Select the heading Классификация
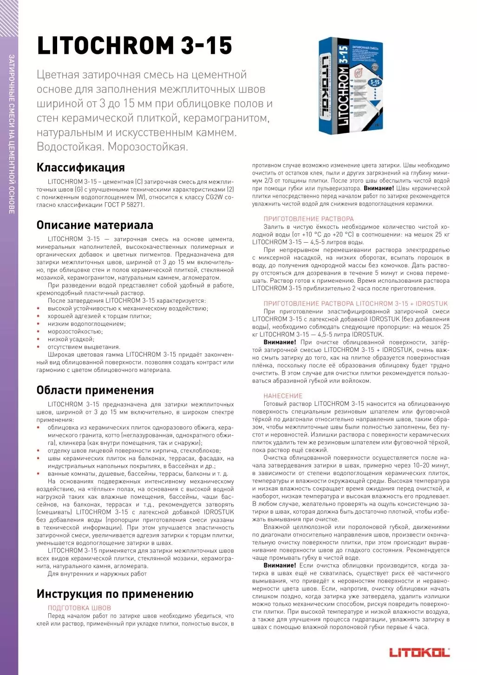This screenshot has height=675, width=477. [81, 167]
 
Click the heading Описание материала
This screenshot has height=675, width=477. [95, 225]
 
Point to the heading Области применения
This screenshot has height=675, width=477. [95, 390]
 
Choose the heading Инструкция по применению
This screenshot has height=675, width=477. [115, 594]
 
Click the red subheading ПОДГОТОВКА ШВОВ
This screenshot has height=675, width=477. [79, 608]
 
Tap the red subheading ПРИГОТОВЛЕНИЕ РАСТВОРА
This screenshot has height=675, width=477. [308, 219]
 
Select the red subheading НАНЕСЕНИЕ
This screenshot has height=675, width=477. [283, 396]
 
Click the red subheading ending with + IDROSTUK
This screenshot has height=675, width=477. [349, 304]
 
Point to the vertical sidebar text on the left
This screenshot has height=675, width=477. [12, 135]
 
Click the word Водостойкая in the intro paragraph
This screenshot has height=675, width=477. [70, 147]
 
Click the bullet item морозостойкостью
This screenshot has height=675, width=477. [75, 331]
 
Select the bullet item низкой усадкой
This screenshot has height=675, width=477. [70, 339]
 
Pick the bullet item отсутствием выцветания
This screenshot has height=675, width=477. [84, 347]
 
